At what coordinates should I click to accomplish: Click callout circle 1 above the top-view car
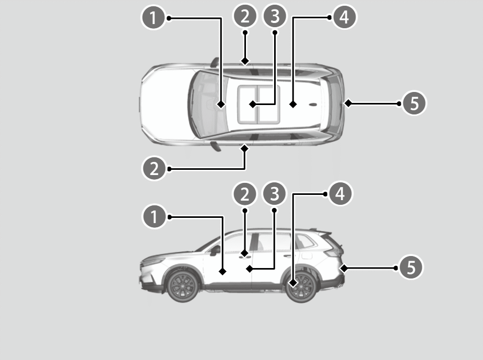[153, 18]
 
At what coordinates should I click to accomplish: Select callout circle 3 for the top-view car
[275, 16]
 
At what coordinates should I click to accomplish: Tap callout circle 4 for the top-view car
[344, 17]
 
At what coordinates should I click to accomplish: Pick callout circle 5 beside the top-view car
[414, 103]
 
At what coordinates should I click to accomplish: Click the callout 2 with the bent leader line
[154, 169]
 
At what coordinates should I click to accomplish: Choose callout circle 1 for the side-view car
[154, 216]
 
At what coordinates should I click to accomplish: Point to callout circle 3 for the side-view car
[274, 193]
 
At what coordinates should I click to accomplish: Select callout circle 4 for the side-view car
[340, 193]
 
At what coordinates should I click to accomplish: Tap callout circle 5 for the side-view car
[411, 267]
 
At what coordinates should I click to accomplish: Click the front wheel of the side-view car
[183, 286]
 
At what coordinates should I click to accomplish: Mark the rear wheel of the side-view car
[301, 286]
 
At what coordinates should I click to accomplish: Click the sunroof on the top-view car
[259, 104]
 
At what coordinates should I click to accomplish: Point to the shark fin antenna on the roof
[313, 104]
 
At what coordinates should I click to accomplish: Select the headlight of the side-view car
[153, 262]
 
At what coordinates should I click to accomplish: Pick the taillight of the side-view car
[333, 252]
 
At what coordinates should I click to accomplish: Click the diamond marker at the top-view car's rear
[348, 103]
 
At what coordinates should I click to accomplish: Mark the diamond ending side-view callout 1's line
[222, 272]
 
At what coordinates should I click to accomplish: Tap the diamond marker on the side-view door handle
[244, 253]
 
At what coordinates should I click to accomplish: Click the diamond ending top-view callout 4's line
[293, 104]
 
